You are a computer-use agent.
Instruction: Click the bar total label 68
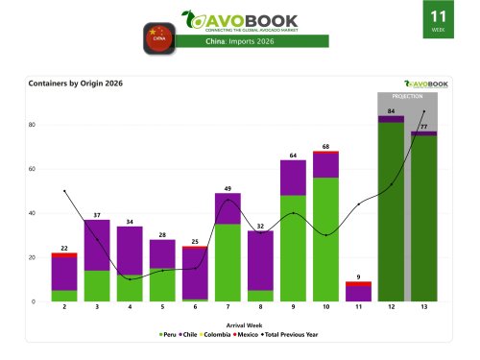point(326,146)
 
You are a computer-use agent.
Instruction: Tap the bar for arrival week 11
point(358,292)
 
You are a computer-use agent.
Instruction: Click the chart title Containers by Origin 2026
point(84,84)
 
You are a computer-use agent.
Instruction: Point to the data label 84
point(391,111)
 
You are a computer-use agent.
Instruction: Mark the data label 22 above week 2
point(64,248)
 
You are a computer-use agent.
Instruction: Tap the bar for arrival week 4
point(130,264)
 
